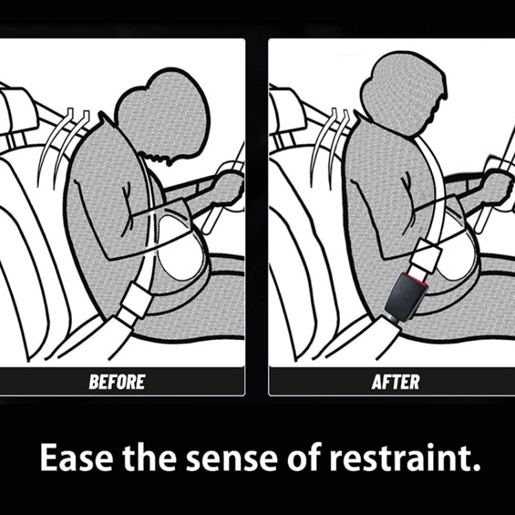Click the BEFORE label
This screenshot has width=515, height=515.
[117, 382]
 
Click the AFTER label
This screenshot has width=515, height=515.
[395, 382]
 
